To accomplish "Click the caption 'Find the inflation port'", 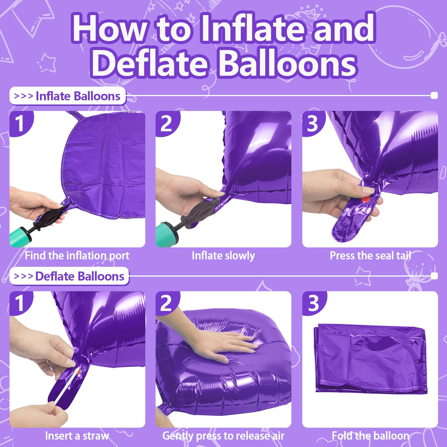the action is pyautogui.click(x=77, y=256).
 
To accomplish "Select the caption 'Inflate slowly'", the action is pyautogui.click(x=223, y=256).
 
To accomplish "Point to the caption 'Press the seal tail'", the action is pyautogui.click(x=370, y=256).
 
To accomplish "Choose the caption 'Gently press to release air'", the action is pyautogui.click(x=223, y=436).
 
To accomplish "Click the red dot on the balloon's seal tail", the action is pyautogui.click(x=366, y=199).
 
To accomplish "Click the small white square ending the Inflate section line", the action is pyautogui.click(x=434, y=95).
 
